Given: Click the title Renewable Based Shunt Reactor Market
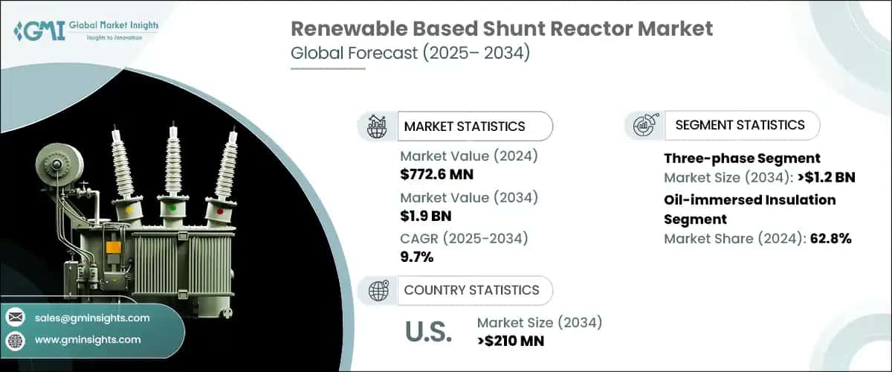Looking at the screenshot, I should (x=501, y=29).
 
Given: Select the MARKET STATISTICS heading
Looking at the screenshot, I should (x=464, y=126).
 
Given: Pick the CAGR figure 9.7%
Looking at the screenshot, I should (x=417, y=257).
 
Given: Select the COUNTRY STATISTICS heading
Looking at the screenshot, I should (x=471, y=289).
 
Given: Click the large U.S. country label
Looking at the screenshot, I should (x=427, y=333).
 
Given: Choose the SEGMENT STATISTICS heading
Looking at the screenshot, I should (x=740, y=125).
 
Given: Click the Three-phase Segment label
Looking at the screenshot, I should (x=742, y=158).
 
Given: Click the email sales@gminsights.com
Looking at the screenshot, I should (x=92, y=318).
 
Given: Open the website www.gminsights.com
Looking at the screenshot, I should (x=87, y=339).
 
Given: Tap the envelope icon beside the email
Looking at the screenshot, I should (x=15, y=318).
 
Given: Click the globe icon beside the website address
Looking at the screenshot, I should (x=15, y=340).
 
